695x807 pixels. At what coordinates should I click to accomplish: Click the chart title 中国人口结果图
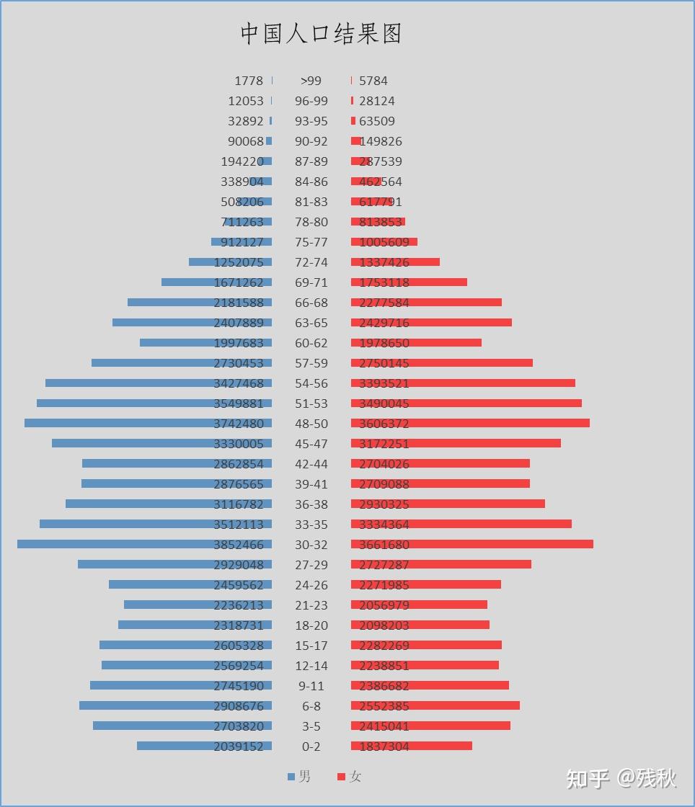click(321, 34)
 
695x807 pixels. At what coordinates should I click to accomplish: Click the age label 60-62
click(311, 343)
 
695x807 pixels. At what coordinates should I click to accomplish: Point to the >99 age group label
click(311, 81)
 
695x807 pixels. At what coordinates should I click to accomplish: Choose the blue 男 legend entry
click(299, 777)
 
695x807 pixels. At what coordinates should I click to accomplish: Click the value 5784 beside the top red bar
click(373, 81)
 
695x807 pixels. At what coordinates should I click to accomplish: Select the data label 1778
click(249, 81)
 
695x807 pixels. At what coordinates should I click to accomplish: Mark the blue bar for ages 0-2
click(173, 746)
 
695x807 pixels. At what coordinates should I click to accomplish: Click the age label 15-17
click(311, 646)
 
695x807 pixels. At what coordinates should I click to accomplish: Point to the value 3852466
click(243, 545)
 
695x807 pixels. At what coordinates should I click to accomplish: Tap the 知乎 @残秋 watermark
click(621, 778)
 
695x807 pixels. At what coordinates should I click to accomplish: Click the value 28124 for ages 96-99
click(377, 101)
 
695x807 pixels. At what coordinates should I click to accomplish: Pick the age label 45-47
click(311, 444)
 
